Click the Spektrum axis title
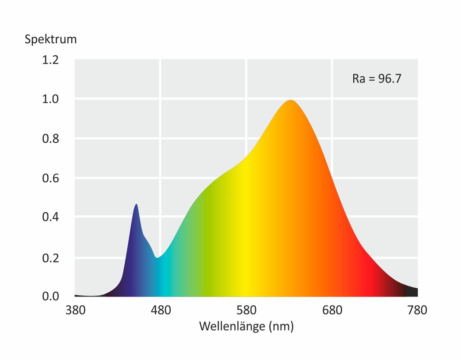click(x=51, y=40)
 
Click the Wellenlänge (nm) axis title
click(x=246, y=327)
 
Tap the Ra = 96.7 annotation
click(x=377, y=79)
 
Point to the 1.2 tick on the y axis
click(x=51, y=60)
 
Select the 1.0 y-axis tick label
click(x=51, y=99)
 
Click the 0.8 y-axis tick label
click(x=51, y=139)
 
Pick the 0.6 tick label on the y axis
click(x=51, y=178)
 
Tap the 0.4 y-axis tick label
click(x=51, y=217)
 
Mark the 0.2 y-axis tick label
click(x=51, y=256)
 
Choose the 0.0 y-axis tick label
click(x=51, y=296)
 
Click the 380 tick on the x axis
click(x=75, y=310)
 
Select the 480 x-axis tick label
click(x=161, y=310)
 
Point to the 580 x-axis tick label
click(x=246, y=310)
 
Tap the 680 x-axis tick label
click(x=332, y=310)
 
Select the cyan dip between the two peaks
click(x=157, y=257)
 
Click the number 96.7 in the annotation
click(x=390, y=79)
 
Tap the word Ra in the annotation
click(x=358, y=79)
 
